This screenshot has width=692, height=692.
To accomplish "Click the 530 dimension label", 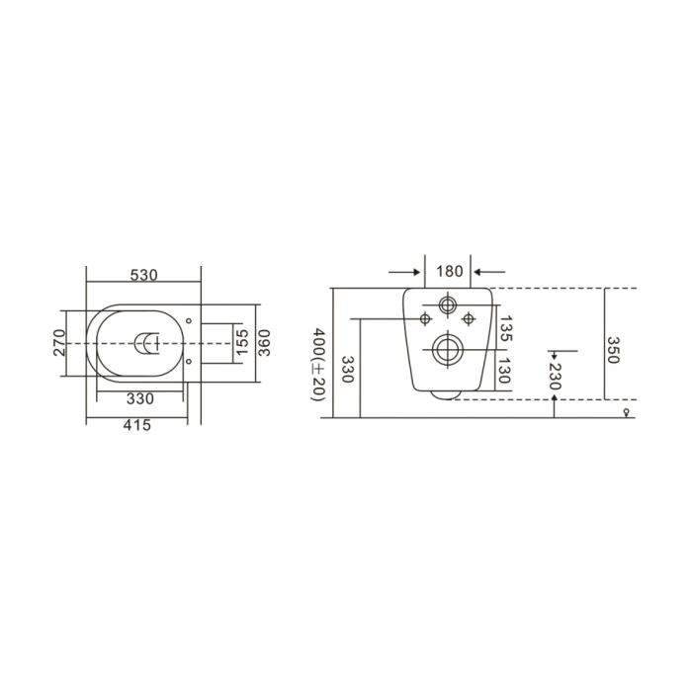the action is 143,275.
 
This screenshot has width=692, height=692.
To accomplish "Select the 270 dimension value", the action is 59,343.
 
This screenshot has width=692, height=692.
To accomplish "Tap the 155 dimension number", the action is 241,342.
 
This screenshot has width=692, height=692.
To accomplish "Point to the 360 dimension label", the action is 264,343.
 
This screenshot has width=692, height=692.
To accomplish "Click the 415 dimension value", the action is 136,425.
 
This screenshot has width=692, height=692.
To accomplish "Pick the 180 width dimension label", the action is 449,271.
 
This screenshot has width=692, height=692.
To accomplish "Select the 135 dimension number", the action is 506,328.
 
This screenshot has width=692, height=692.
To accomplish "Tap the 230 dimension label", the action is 555,377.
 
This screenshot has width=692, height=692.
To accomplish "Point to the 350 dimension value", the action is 613,350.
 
